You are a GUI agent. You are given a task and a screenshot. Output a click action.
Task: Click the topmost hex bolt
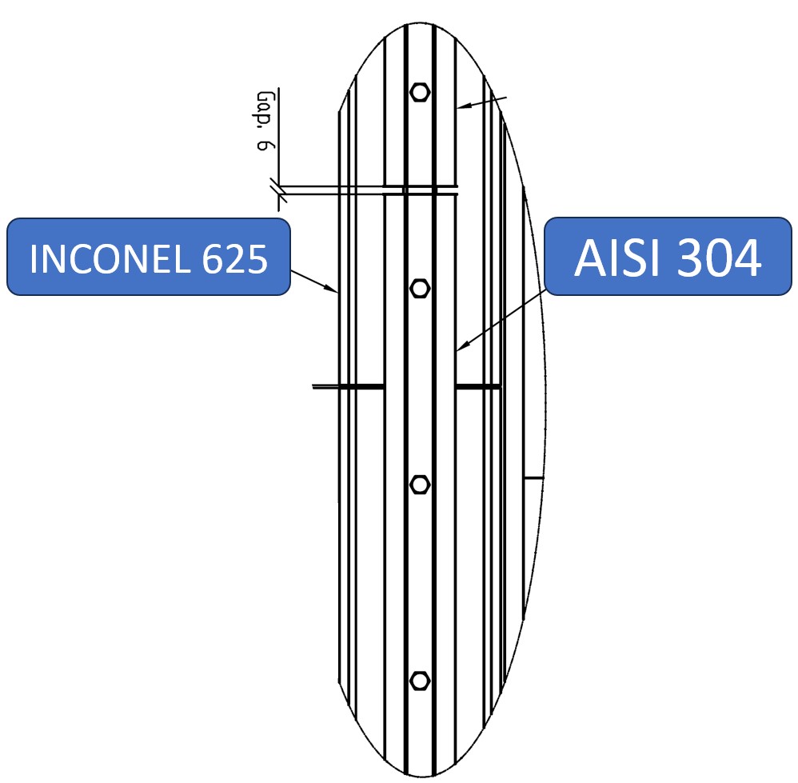tap(419, 92)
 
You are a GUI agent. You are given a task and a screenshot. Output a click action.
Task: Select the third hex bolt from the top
tap(419, 484)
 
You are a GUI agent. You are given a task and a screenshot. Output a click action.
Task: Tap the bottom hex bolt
tap(419, 680)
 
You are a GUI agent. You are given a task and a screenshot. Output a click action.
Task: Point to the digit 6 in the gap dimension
tap(264, 146)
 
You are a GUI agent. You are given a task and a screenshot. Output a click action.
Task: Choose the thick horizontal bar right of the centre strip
tap(478, 387)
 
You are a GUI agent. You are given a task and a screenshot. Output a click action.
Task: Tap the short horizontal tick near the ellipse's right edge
tap(533, 477)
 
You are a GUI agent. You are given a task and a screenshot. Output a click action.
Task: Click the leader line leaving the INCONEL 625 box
tap(312, 280)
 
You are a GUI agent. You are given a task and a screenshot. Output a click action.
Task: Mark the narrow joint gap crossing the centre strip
tap(420, 190)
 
